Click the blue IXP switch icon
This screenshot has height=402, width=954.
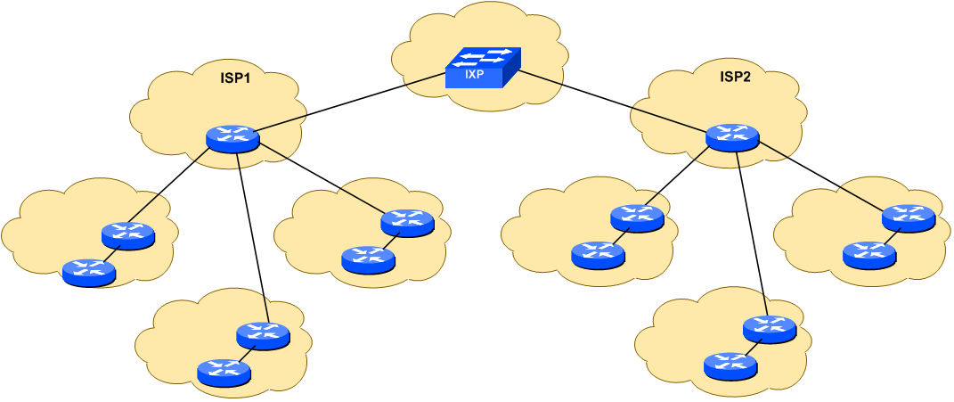(481, 69)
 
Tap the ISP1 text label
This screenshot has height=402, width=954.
(235, 78)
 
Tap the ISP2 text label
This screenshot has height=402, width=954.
(735, 78)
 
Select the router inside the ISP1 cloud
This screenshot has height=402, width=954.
(232, 138)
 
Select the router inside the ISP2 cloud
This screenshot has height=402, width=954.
(732, 137)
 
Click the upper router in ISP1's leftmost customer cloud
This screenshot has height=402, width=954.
(128, 235)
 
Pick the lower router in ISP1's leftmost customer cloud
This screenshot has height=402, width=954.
(89, 272)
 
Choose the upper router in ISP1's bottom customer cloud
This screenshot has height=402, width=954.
(263, 335)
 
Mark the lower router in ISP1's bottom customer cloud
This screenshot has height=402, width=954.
(224, 372)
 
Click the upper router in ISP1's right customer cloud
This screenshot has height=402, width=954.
(407, 221)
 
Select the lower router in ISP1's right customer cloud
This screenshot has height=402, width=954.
(368, 259)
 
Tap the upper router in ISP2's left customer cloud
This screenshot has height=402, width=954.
(637, 217)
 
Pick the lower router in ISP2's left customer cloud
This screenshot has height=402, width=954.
(598, 255)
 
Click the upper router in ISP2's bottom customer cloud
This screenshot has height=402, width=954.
(770, 329)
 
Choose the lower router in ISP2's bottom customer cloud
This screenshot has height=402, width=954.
(730, 365)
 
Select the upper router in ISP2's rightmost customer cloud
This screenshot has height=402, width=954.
(909, 217)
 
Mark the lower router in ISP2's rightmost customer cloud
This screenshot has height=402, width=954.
(869, 254)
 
